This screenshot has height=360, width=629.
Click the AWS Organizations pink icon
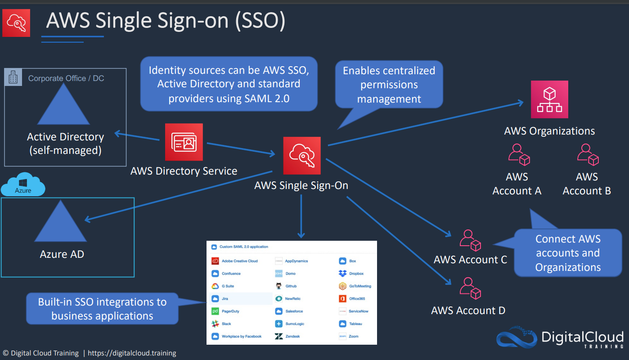pyautogui.click(x=549, y=99)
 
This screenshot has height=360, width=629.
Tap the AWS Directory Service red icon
pyautogui.click(x=184, y=142)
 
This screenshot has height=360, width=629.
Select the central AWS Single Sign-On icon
pyautogui.click(x=302, y=156)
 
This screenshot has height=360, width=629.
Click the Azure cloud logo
pyautogui.click(x=23, y=184)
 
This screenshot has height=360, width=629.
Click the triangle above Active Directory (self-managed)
pyautogui.click(x=64, y=104)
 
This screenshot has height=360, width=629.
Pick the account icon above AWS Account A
pyautogui.click(x=519, y=155)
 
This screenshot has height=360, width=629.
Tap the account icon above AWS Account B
pyautogui.click(x=588, y=155)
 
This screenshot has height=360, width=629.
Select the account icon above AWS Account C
pyautogui.click(x=470, y=240)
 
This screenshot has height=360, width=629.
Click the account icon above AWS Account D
pyautogui.click(x=470, y=288)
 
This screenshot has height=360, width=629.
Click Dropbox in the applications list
pyautogui.click(x=351, y=274)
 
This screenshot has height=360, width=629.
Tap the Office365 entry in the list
pyautogui.click(x=352, y=298)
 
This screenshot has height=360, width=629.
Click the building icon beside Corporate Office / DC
pyautogui.click(x=13, y=77)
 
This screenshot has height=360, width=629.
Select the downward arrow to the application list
pyautogui.click(x=301, y=216)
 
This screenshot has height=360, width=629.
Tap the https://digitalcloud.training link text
pyautogui.click(x=132, y=353)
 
